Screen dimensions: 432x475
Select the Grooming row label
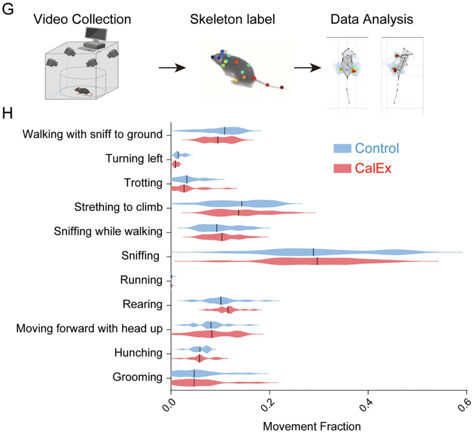coord(138,377)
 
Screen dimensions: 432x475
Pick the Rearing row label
coord(143,304)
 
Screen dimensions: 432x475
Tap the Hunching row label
coord(138,352)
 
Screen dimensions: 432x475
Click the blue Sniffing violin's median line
coord(313,252)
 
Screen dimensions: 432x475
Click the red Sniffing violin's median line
coord(317,261)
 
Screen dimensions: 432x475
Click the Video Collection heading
coord(81,20)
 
